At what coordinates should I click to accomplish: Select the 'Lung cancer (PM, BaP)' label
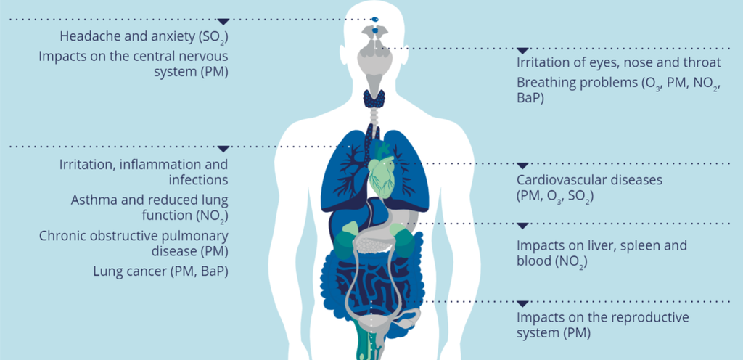(x=160, y=271)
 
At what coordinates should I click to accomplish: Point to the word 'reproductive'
(x=649, y=316)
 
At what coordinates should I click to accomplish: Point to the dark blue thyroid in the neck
(x=374, y=98)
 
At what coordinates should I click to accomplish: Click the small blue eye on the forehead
(x=375, y=19)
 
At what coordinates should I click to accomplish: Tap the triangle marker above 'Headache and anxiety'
(x=223, y=22)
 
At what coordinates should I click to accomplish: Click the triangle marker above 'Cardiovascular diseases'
(x=522, y=165)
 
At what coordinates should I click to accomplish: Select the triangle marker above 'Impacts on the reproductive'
(x=522, y=303)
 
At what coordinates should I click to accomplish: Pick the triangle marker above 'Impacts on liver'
(x=522, y=226)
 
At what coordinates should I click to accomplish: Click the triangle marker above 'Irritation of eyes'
(x=522, y=51)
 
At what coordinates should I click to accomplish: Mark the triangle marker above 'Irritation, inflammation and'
(x=223, y=150)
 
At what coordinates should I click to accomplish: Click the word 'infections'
(x=199, y=180)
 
